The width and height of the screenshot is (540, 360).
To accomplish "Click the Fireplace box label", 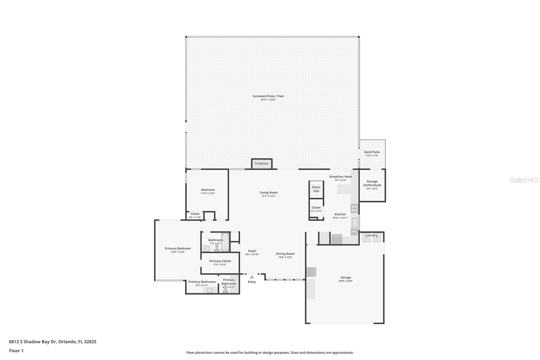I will pyautogui.click(x=262, y=163).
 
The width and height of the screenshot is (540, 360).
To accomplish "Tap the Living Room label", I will pyautogui.click(x=269, y=192).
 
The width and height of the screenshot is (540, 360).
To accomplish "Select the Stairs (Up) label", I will pyautogui.click(x=316, y=189).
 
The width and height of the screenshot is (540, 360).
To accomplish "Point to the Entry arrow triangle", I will pyautogui.click(x=252, y=277).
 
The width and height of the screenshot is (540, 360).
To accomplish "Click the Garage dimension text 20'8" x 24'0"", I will pyautogui.click(x=346, y=281).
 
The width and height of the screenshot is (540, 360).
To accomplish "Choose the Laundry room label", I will pyautogui.click(x=371, y=235).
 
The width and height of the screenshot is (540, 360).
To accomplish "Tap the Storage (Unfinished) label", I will pyautogui.click(x=372, y=183).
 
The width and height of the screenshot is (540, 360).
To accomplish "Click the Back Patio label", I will pyautogui.click(x=372, y=152).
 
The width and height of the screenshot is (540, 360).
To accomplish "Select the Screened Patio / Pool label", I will pyautogui.click(x=268, y=96).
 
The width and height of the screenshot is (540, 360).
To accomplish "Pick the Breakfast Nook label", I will pyautogui.click(x=341, y=176).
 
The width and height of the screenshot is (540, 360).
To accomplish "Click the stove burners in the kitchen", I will pyautogui.click(x=354, y=208).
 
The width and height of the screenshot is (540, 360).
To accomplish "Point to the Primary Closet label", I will pyautogui.click(x=220, y=261).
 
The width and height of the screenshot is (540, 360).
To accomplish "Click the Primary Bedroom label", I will pyautogui.click(x=178, y=248).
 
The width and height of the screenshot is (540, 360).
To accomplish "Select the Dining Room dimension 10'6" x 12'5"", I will pyautogui.click(x=285, y=257).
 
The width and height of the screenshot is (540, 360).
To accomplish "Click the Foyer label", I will pyautogui.click(x=252, y=251).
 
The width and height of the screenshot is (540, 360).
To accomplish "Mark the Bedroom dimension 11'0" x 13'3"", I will pyautogui.click(x=208, y=193).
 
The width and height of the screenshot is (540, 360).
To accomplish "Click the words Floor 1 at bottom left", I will pyautogui.click(x=16, y=351).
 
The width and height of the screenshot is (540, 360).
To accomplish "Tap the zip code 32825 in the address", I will pyautogui.click(x=90, y=341).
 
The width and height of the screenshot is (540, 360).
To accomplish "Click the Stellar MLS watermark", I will pyautogui.click(x=524, y=180).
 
